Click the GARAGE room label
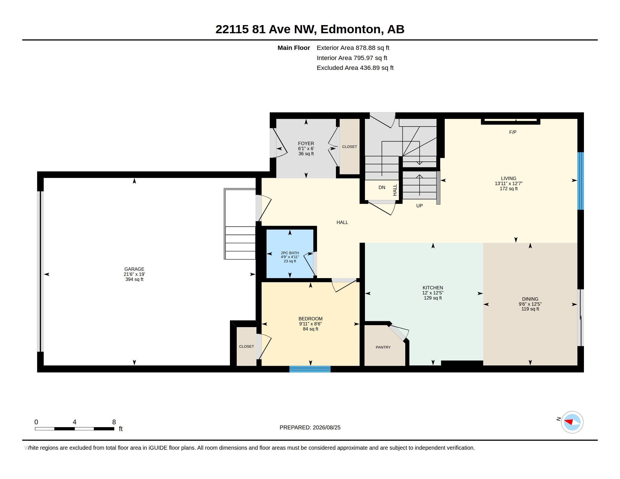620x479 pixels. [134, 269]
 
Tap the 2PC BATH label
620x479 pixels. [290, 253]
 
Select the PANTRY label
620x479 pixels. [383, 347]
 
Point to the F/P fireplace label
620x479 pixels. [513, 132]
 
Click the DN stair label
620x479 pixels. [382, 187]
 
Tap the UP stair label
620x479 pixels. [419, 206]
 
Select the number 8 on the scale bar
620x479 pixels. [114, 422]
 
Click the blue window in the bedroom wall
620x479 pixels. [310, 369]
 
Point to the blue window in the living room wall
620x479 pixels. [581, 181]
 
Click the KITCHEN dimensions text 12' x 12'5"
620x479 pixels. [433, 293]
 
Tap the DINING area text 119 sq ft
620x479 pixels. [530, 309]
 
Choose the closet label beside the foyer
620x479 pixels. [349, 147]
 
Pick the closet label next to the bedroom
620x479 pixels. [246, 347]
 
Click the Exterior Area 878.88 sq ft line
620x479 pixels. [353, 48]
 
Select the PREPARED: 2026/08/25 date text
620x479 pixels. [310, 428]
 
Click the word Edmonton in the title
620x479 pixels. [351, 29]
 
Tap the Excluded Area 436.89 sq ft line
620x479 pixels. [355, 68]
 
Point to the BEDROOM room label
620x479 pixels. [310, 319]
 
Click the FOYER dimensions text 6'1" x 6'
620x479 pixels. [306, 149]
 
